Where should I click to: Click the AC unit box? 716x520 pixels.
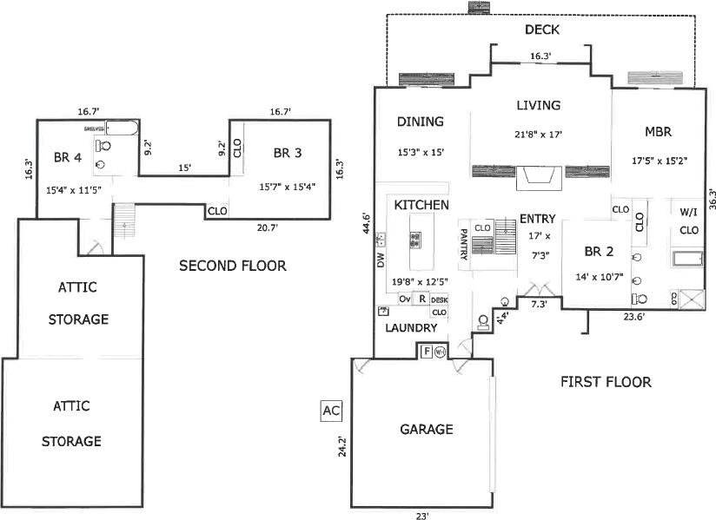331,410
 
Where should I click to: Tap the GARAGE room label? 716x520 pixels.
426,429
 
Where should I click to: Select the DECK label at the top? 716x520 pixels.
541,30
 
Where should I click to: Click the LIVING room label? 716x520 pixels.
539,105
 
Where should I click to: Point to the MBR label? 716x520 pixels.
659,132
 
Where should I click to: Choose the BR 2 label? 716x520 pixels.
599,252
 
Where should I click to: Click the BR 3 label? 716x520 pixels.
287,153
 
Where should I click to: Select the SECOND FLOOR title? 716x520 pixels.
232,266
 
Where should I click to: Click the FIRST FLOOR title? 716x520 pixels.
606,381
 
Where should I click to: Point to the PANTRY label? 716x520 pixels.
464,243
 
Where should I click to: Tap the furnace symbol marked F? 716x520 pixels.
427,352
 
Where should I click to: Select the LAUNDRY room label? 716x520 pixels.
411,328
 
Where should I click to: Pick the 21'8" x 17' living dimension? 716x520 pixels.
539,135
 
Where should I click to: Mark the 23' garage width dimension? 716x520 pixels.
421,516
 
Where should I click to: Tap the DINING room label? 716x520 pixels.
420,122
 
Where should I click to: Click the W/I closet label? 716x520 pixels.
689,211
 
